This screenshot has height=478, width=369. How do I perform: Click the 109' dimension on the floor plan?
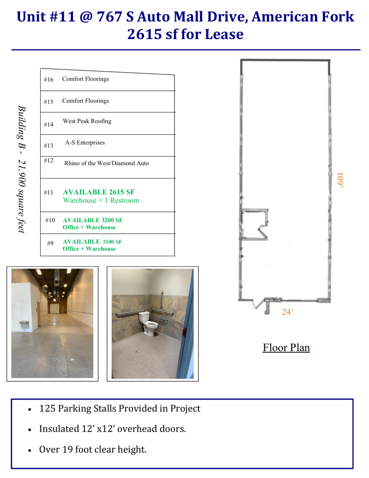[x=340, y=180]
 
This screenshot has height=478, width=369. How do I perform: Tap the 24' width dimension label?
[x=287, y=312]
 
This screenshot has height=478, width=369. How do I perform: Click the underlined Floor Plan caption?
[x=286, y=347]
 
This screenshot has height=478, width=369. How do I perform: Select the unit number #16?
[x=48, y=79]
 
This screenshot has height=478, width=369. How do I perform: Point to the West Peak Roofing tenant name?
[x=87, y=121]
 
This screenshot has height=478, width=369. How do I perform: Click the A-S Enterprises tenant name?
[x=85, y=143]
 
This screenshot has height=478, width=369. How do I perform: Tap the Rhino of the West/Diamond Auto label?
[x=106, y=163]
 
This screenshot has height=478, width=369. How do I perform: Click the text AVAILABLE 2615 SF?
[x=99, y=192]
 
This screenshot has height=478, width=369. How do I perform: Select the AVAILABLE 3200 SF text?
[x=92, y=220]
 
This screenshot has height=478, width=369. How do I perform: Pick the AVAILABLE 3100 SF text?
[x=92, y=241]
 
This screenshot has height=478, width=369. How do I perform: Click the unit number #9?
[x=50, y=243]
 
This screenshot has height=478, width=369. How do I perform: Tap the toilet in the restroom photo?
[x=147, y=323]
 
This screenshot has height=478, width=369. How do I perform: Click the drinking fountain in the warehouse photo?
[x=24, y=324]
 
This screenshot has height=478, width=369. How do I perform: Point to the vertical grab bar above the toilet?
[x=162, y=300]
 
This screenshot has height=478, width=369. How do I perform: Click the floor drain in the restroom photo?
[x=136, y=352]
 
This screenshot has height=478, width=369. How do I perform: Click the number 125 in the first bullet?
[x=47, y=408]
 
